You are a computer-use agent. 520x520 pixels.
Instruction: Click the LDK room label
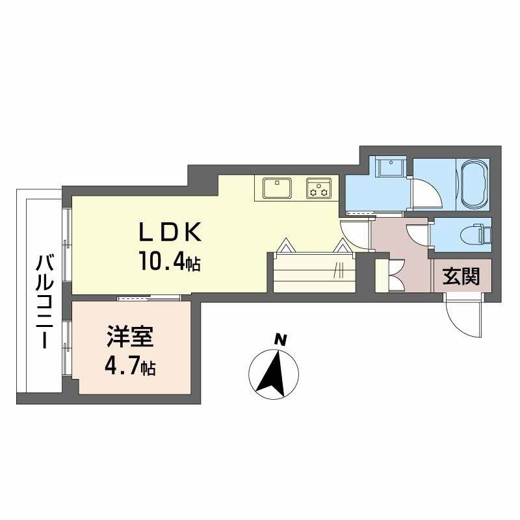170,233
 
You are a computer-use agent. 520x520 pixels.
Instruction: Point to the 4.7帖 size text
130,369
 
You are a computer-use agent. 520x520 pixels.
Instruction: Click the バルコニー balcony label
44,302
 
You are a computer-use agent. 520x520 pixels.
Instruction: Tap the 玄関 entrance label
461,278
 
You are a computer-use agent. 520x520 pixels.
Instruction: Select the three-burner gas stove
319,188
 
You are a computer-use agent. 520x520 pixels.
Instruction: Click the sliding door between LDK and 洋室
149,298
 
